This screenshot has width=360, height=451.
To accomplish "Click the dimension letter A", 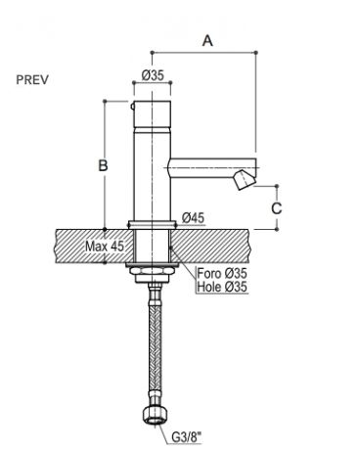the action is point(207,41).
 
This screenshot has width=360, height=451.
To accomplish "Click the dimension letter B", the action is point(103,165).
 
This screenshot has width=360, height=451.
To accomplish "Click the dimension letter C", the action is point(277,208).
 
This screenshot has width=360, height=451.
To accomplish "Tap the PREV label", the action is point(32,79).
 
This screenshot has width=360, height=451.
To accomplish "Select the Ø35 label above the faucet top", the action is point(153,76).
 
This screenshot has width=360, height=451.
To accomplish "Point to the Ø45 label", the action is point(193,217).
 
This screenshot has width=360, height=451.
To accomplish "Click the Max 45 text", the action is point(105,247).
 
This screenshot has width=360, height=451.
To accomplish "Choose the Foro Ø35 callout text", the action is point(222,273).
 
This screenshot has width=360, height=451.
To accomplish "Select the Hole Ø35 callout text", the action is point(222,287).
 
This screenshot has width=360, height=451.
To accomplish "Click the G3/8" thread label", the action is point(187,437).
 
